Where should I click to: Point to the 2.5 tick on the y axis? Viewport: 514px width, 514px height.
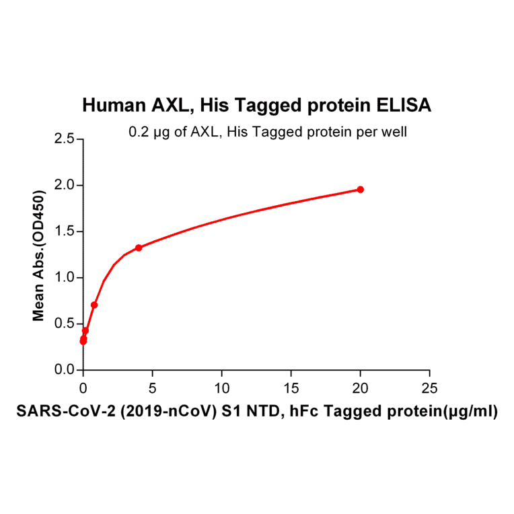coord(65,139)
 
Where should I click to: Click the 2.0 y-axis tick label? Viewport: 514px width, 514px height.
coord(65,185)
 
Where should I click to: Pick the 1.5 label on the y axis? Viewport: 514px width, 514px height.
coord(65,231)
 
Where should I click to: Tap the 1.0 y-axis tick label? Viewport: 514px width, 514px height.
coord(65,278)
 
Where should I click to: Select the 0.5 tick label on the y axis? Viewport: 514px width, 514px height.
coord(65,324)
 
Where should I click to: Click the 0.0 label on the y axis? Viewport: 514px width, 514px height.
coord(65,370)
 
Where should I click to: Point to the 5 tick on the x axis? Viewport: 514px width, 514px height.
coord(152,388)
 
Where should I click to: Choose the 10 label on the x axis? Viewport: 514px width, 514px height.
coord(221,388)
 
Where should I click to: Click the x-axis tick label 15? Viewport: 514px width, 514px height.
coord(291,388)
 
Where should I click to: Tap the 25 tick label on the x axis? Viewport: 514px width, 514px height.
coord(429,388)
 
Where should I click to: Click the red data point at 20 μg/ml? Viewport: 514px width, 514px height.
coord(361,190)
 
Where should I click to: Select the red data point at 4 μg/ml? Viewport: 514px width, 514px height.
coord(139,248)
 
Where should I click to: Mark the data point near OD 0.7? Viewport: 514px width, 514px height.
coord(94,305)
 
